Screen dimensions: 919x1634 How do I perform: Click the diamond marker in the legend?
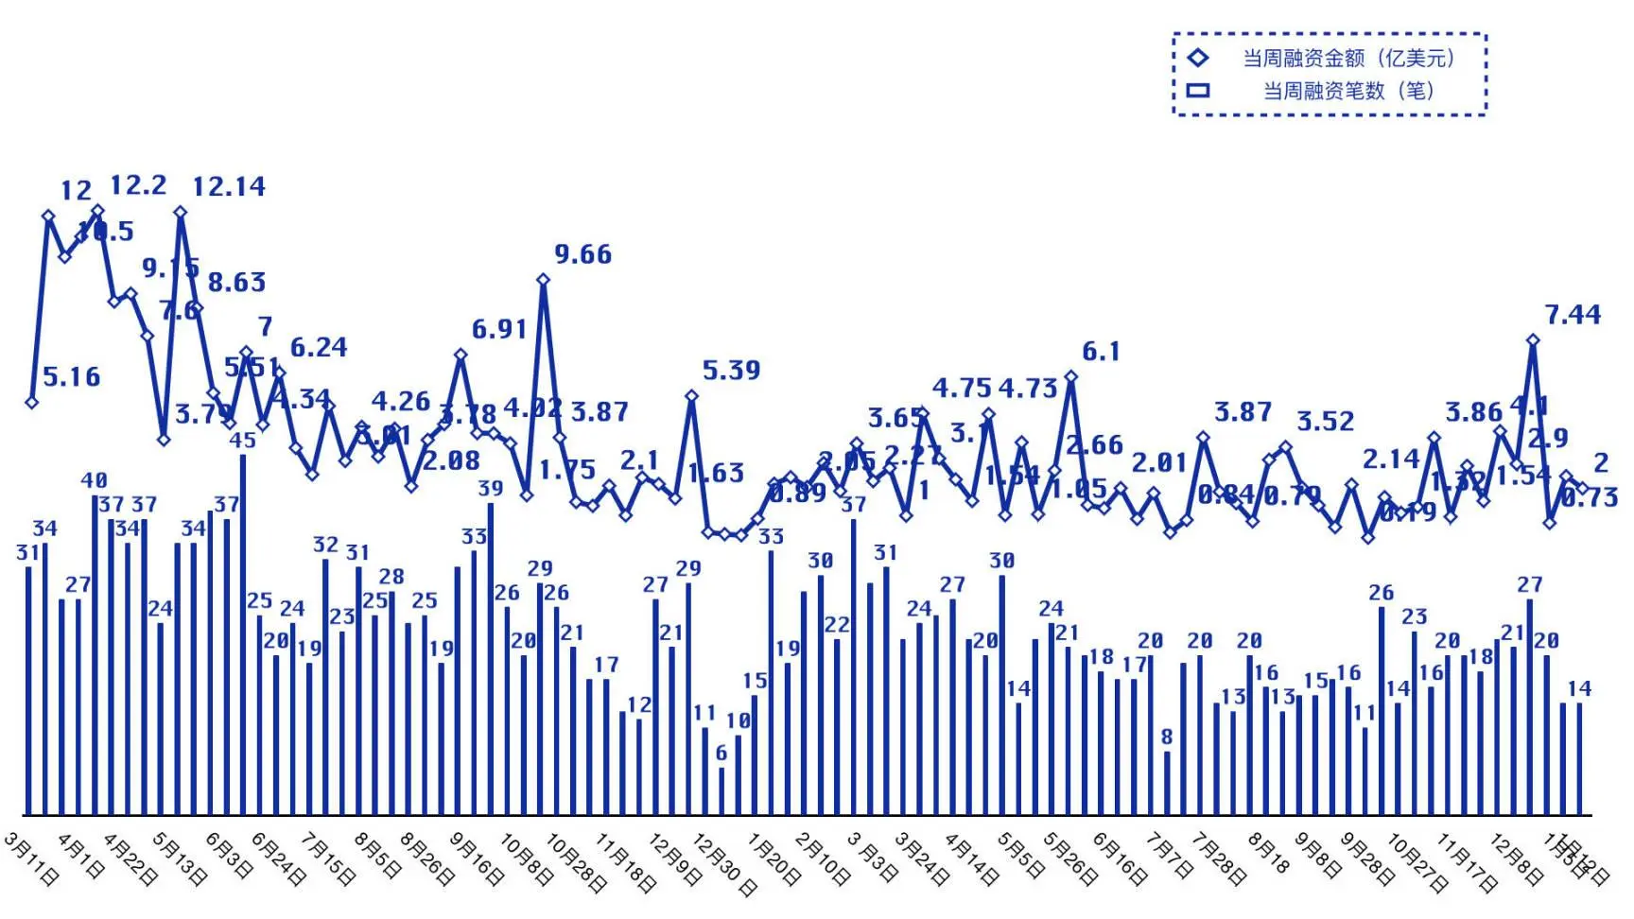[1198, 58]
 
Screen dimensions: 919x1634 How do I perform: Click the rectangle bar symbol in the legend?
[1198, 91]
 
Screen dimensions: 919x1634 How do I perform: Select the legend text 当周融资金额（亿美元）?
[1348, 59]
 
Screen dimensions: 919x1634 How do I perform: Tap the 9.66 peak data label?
[582, 254]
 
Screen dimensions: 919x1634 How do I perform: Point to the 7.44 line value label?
[1573, 315]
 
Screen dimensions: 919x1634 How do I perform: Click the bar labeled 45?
[243, 633]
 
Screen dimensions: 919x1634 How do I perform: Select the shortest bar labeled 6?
[721, 790]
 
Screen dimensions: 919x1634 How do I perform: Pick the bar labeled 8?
[1167, 782]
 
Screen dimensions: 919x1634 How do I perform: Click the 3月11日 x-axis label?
[31, 859]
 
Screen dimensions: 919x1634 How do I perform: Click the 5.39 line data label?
[731, 371]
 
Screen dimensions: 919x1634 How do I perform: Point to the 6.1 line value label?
[1101, 353]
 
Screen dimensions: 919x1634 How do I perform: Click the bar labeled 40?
[95, 654]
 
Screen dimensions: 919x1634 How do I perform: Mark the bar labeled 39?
[491, 658]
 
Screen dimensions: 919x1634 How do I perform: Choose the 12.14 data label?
[229, 187]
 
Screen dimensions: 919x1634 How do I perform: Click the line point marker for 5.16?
[32, 402]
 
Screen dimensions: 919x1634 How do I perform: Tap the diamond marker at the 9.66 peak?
[543, 280]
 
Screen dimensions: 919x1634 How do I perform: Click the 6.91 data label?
[498, 330]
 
